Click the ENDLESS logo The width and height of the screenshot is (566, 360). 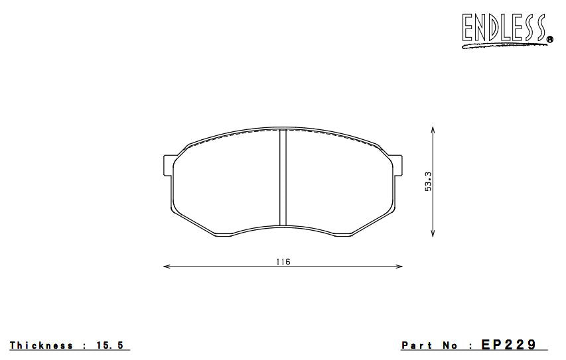click(507, 30)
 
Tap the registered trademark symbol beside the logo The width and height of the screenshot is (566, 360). click(550, 39)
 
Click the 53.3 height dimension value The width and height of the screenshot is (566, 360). click(428, 181)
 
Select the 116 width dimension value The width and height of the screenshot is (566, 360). click(283, 262)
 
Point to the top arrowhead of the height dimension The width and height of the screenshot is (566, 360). click(433, 130)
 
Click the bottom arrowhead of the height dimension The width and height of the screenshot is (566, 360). click(433, 233)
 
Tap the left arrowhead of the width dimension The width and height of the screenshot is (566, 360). click(167, 267)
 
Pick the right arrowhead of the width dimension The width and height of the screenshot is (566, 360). click(399, 267)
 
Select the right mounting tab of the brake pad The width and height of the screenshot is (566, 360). click(397, 165)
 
